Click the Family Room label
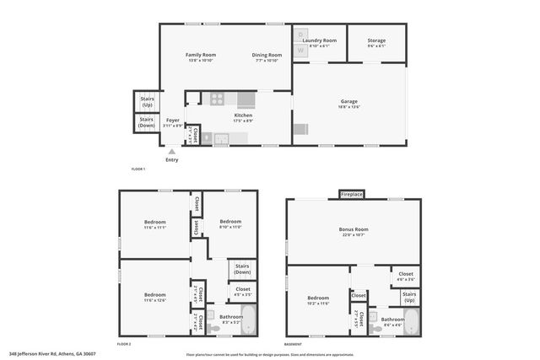pyautogui.click(x=201, y=55)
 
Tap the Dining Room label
pyautogui.click(x=267, y=55)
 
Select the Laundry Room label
pyautogui.click(x=322, y=40)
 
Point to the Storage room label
pyautogui.click(x=376, y=40)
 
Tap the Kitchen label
pyautogui.click(x=231, y=116)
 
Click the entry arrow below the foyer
pyautogui.click(x=172, y=151)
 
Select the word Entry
pyautogui.click(x=172, y=159)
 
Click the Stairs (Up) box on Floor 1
pyautogui.click(x=147, y=102)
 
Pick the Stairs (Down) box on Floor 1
pyautogui.click(x=147, y=123)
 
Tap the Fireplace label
pyautogui.click(x=353, y=195)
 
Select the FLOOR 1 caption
pyautogui.click(x=138, y=169)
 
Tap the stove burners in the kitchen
pyautogui.click(x=217, y=97)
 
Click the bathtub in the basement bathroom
pyautogui.click(x=411, y=324)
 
